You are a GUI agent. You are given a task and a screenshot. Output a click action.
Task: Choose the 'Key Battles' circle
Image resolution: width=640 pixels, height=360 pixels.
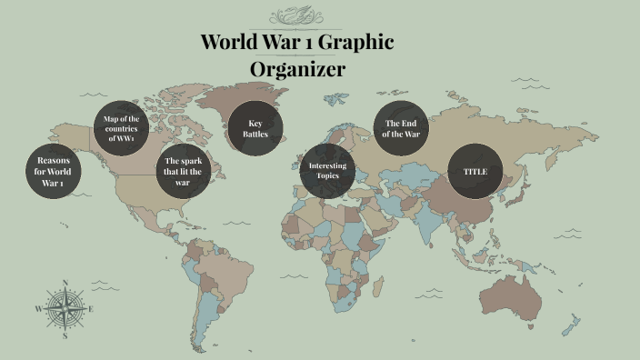[255, 128]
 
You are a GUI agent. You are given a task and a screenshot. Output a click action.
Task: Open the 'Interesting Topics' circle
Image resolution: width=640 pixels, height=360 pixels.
[327, 170]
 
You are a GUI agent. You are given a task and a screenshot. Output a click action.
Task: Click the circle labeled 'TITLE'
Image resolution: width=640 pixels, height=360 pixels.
[475, 171]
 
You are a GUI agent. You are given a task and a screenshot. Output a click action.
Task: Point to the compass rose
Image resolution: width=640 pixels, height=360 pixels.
[65, 309]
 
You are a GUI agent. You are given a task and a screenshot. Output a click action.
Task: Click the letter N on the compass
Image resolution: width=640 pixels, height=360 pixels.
[65, 283]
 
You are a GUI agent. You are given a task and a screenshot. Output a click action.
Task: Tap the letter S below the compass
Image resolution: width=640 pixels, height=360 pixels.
[65, 335]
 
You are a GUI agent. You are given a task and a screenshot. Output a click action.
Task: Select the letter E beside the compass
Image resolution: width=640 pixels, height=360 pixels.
[91, 309]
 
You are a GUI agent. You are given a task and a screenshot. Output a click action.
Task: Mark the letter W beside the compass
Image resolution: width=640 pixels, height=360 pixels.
[38, 309]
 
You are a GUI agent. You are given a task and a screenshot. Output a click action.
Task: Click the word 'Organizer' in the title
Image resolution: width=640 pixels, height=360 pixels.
[297, 69]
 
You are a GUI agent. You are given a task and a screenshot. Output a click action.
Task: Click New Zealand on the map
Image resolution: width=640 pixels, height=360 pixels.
[572, 325]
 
